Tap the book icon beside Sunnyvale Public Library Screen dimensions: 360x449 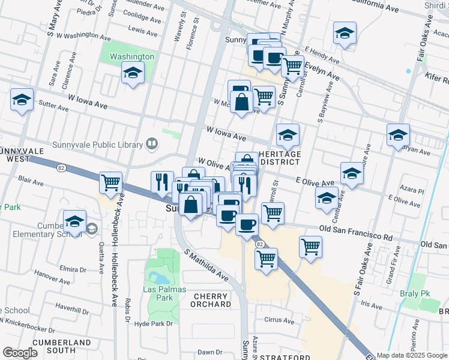click(152, 144)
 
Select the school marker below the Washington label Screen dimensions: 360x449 click(133, 74)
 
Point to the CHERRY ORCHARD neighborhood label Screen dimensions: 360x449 click(211, 300)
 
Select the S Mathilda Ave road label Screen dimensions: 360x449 click(207, 265)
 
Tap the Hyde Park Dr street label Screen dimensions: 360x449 click(154, 323)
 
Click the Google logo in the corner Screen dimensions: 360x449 click(20, 352)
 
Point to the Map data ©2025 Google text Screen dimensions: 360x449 click(411, 355)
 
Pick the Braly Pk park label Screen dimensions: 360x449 click(414, 294)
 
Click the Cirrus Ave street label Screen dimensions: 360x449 click(280, 321)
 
